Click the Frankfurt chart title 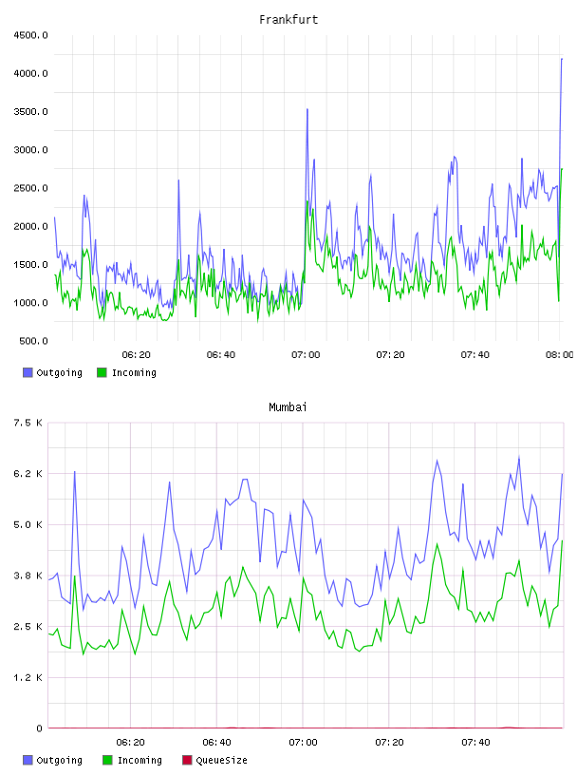tap(288, 20)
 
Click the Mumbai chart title tap(288, 407)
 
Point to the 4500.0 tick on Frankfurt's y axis tap(30, 35)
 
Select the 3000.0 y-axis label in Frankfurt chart tap(30, 150)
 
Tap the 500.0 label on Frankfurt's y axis tap(33, 341)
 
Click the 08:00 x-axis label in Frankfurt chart tap(560, 355)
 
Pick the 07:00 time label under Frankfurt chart tap(306, 355)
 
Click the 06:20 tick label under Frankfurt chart tap(137, 355)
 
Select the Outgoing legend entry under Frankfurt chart tap(52, 372)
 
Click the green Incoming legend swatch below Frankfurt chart tap(102, 372)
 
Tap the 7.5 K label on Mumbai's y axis tap(28, 423)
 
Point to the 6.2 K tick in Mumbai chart tap(28, 474)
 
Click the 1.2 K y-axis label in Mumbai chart tap(28, 677)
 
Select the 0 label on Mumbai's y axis tap(39, 728)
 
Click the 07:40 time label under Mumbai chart tap(475, 743)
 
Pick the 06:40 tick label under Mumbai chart tap(217, 743)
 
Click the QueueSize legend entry tap(214, 760)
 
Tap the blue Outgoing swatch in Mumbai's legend tap(28, 760)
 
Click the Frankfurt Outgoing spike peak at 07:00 tap(307, 110)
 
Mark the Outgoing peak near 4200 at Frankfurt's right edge tap(562, 59)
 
